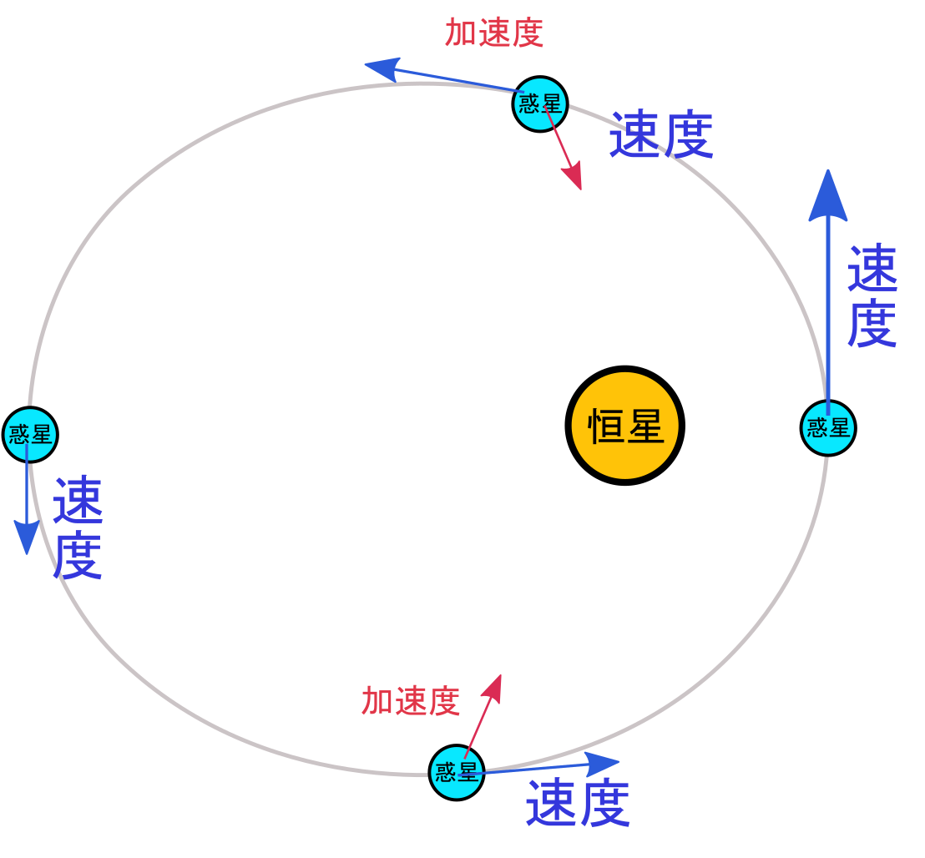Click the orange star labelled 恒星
[624, 425]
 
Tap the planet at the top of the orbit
[540, 104]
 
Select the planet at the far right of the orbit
[828, 428]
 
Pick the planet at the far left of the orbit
[30, 434]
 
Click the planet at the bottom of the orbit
[457, 772]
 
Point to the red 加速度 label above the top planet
[494, 33]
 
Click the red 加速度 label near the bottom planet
[411, 701]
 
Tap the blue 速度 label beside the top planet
[661, 135]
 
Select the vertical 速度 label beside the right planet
[872, 296]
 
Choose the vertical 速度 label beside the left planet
[78, 527]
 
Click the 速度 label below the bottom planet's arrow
[578, 803]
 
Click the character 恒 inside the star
[606, 426]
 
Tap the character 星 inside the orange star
[645, 426]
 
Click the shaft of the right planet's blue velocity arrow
[828, 309]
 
